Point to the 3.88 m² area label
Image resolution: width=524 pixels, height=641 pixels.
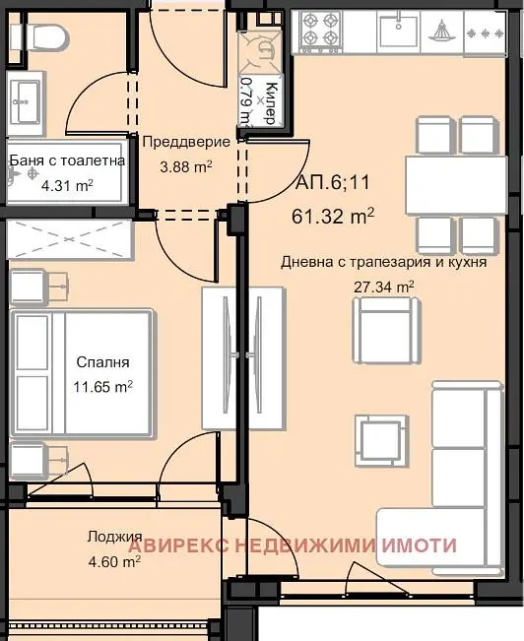coord(186,166)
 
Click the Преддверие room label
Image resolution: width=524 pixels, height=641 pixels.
coord(186,142)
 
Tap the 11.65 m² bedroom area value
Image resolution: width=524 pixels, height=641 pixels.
coord(102,386)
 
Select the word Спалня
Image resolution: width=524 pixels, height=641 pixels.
coord(102,362)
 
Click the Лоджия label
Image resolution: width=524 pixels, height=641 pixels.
coord(114,537)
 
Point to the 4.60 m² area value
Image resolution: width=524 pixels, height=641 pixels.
coord(114,561)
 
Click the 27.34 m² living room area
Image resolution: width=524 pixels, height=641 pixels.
coord(384,287)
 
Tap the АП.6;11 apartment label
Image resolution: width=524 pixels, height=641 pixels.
coord(332,182)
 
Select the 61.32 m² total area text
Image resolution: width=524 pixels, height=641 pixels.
coord(333,216)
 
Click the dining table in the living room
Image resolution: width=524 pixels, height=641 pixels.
coord(456,185)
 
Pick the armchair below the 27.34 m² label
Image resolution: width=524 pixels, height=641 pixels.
coord(386,330)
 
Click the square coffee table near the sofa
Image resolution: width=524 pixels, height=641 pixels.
coord(381,441)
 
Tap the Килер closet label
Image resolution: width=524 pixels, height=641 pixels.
coord(272,103)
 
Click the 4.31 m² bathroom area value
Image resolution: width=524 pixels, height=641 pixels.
coord(68,185)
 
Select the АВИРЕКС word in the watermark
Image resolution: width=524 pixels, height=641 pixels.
coord(178,545)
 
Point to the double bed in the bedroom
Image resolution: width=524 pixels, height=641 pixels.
coord(82,373)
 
